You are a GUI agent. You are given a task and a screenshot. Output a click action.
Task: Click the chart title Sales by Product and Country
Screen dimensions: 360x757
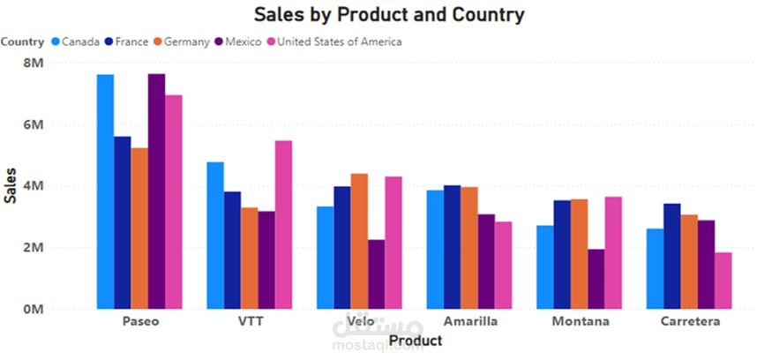pos(388,14)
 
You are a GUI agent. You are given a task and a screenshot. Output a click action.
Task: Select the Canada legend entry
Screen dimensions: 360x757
pos(79,41)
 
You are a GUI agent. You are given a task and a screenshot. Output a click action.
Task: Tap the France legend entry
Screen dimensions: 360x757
pos(130,41)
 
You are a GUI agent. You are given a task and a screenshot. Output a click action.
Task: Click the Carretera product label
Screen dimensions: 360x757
pos(690,322)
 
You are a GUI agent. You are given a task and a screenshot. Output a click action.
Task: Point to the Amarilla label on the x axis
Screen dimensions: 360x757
pos(469,322)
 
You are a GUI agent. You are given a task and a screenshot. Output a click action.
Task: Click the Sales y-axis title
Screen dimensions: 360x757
pos(11,185)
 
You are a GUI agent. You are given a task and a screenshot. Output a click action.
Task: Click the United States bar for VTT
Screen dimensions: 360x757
pos(283,225)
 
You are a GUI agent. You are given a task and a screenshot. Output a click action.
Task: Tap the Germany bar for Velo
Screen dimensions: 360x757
pos(359,242)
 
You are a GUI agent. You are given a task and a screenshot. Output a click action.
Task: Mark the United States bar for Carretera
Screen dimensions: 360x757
pos(723,281)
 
